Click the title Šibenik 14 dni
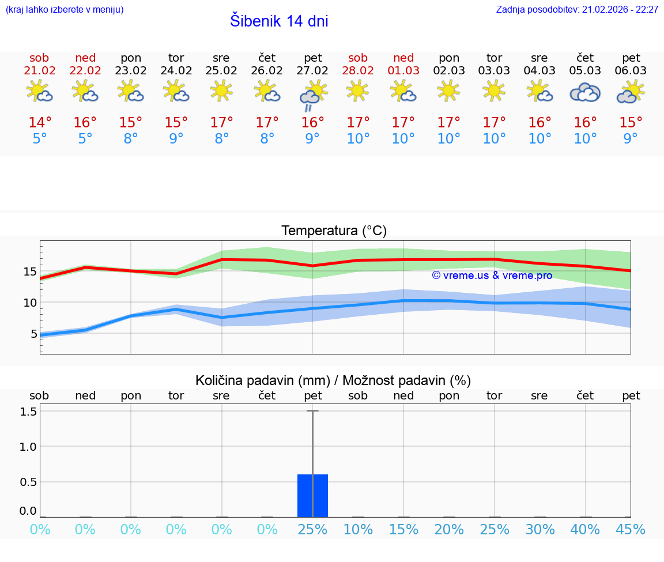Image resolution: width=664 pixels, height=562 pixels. click(279, 21)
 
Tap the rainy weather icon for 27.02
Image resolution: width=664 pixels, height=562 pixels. click(313, 95)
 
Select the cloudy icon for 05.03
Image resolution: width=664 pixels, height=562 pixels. click(585, 92)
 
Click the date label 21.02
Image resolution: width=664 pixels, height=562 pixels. click(39, 71)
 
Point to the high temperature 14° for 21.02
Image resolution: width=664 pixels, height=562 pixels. click(40, 123)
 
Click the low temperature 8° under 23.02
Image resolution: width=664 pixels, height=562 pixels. click(131, 139)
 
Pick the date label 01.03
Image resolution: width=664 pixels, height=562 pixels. click(403, 71)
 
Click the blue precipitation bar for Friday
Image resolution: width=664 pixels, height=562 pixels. click(312, 496)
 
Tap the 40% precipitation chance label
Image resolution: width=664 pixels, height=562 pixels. click(585, 530)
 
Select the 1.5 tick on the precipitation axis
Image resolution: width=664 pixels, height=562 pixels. click(29, 412)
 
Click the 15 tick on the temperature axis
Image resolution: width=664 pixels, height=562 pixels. click(31, 271)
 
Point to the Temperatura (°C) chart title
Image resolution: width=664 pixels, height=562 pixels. click(334, 231)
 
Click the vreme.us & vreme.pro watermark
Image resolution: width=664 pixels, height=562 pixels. click(492, 276)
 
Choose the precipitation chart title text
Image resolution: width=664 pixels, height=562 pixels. click(333, 380)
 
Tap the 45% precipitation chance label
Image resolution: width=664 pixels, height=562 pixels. click(630, 530)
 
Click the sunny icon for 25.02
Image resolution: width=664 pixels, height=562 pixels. click(221, 90)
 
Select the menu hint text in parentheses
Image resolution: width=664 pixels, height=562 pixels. click(65, 10)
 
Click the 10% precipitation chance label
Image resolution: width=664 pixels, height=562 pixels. click(358, 530)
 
